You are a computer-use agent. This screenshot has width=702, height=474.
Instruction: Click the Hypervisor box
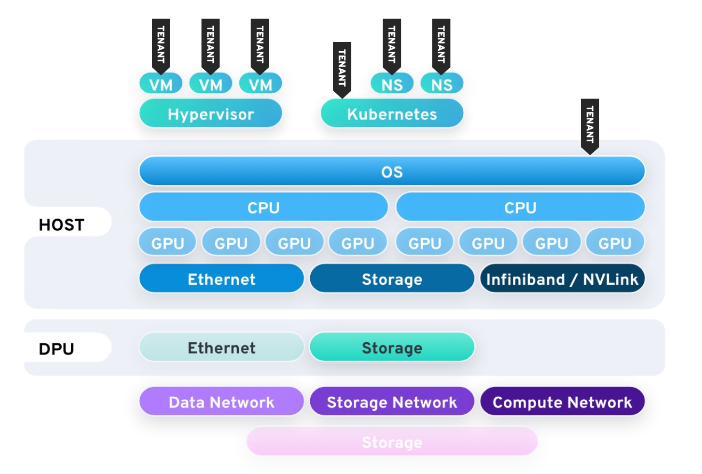click(211, 114)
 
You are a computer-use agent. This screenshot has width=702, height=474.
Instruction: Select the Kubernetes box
click(392, 114)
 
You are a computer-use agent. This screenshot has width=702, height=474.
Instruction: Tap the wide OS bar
click(392, 172)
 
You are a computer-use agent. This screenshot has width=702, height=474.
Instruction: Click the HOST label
click(62, 224)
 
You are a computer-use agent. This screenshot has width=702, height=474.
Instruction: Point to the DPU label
click(57, 349)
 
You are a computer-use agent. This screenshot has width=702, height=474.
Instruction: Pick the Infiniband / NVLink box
click(562, 279)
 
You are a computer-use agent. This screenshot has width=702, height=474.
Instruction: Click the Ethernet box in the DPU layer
click(221, 348)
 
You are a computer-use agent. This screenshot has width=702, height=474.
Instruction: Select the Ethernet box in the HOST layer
click(221, 279)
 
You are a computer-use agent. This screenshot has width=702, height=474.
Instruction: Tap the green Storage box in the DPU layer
click(392, 348)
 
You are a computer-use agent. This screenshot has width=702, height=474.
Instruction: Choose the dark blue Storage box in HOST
click(392, 279)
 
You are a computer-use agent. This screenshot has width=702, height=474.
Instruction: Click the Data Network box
click(221, 401)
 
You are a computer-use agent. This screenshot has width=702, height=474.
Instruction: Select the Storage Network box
click(392, 401)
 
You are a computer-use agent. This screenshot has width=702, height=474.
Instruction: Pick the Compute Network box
click(562, 401)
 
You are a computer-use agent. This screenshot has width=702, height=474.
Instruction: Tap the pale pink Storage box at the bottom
click(392, 441)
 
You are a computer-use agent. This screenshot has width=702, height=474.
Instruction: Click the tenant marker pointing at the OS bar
click(590, 125)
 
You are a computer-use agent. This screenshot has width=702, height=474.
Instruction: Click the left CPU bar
click(263, 207)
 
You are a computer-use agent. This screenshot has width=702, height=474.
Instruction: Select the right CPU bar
click(520, 207)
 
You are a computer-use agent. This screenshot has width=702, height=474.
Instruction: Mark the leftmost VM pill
click(160, 84)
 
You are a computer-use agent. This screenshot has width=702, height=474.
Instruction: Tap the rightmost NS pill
click(441, 84)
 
